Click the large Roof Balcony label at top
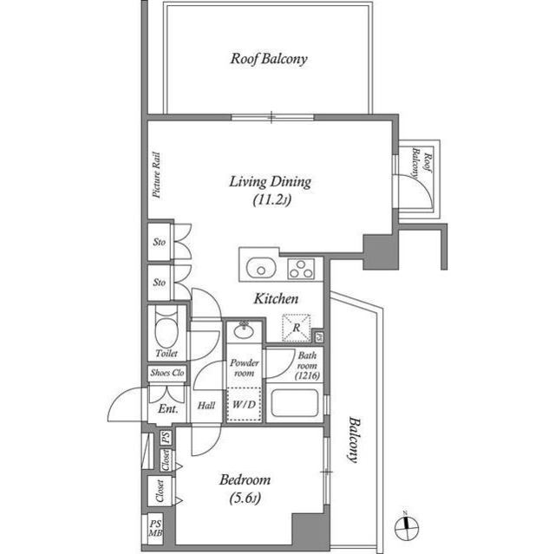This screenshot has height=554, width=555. coord(269,60)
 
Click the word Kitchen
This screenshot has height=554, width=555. coord(276,299)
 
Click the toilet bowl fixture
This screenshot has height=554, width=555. coord(165,328)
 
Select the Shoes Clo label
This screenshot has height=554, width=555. coord(167,373)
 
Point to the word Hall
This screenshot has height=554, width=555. coord(206,406)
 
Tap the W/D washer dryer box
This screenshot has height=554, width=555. coord(245,405)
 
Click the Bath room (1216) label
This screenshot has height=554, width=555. coord(309,366)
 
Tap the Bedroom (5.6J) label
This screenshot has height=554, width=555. coord(245,487)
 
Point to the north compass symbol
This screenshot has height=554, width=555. coord(410,525)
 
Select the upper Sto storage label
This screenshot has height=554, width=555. coord(160,242)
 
